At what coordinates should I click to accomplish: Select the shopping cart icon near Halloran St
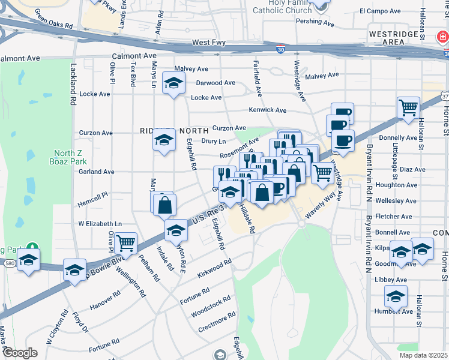point(408,108)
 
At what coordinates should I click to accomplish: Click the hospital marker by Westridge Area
point(443,37)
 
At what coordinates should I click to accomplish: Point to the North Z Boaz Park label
point(70,157)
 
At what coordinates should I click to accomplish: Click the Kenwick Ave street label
point(268,110)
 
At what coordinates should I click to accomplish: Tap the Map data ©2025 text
point(423,355)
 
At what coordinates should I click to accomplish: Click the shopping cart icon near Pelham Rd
point(126,243)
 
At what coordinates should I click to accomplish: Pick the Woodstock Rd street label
point(211,307)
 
